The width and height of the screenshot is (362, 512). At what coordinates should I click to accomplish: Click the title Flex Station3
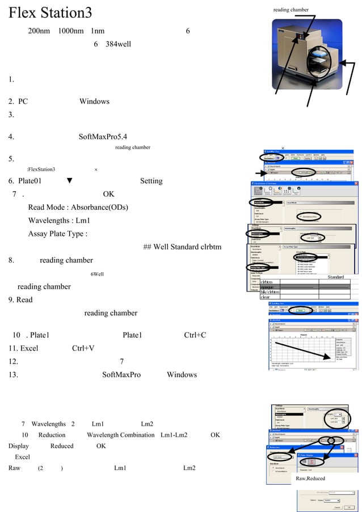click(x=50, y=12)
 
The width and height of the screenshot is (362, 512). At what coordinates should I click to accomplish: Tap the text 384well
click(x=118, y=44)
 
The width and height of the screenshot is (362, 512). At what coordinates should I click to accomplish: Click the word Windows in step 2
click(x=94, y=101)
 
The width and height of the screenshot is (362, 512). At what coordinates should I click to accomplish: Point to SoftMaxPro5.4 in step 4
click(x=103, y=137)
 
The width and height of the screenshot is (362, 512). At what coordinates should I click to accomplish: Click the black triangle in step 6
click(x=69, y=181)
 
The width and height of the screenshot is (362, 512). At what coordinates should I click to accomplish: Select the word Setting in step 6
click(x=151, y=181)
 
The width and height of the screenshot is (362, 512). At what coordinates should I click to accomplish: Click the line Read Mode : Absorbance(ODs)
click(x=78, y=208)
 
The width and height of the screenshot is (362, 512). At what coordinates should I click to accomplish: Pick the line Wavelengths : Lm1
click(x=59, y=221)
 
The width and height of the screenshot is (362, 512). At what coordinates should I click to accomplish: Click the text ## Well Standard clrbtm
click(x=182, y=247)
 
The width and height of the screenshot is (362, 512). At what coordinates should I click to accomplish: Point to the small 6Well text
click(x=97, y=274)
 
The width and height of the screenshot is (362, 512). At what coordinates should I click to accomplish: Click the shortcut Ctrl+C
click(x=195, y=335)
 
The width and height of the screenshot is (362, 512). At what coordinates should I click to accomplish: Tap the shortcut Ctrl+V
click(x=83, y=348)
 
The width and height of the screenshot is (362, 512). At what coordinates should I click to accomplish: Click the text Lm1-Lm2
click(x=174, y=435)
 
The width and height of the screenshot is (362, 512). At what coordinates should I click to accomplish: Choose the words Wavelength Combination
click(x=120, y=435)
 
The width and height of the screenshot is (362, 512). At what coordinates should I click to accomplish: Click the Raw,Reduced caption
click(x=310, y=479)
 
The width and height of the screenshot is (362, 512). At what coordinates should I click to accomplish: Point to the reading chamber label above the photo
click(x=291, y=10)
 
